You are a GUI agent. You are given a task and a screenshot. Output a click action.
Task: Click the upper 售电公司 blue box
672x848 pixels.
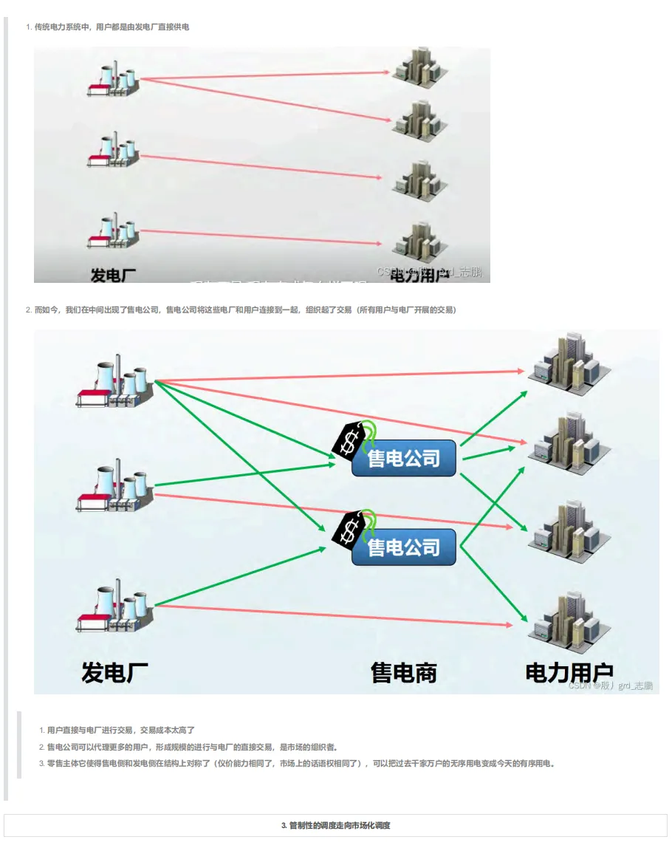[x=403, y=458]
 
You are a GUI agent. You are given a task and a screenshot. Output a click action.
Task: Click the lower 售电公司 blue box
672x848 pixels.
[x=403, y=547]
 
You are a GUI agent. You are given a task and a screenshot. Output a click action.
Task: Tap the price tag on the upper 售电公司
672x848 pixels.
[x=352, y=439]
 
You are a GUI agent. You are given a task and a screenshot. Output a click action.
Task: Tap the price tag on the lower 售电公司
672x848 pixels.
[x=352, y=527]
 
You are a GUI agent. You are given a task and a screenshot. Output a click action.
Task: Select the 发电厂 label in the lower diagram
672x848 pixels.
[x=114, y=672]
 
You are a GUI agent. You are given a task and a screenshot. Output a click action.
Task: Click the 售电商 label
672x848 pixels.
[x=403, y=672]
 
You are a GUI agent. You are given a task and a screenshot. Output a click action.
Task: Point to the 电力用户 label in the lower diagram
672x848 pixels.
[x=569, y=672]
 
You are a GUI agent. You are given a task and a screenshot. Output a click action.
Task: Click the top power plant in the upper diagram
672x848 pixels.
[x=114, y=78]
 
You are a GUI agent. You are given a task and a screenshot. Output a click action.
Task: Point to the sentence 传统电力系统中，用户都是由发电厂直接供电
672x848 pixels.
[x=112, y=27]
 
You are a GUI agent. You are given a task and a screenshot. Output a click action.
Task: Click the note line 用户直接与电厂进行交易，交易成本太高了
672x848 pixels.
[x=120, y=730]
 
